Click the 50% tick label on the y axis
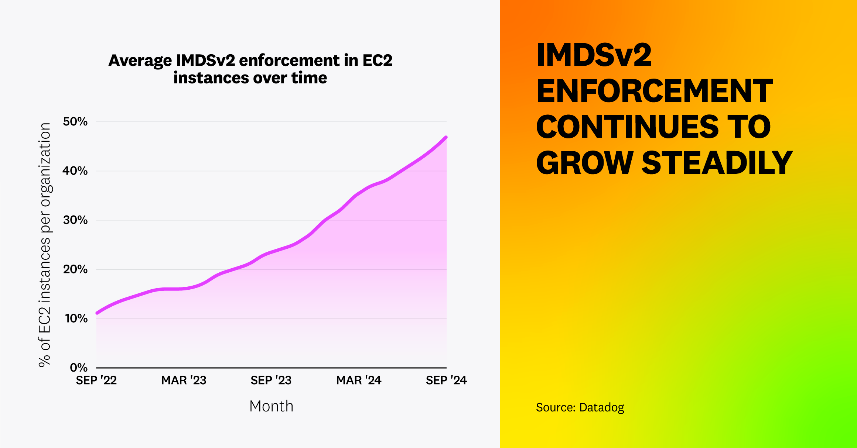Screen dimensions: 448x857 75,121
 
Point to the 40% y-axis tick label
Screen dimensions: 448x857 75,171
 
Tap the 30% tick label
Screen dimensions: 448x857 75,220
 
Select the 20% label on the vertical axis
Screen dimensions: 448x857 75,269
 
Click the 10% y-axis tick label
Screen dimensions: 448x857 76,318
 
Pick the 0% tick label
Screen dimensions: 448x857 79,368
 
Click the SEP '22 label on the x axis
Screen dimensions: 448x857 96,380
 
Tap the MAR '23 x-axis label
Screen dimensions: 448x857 184,380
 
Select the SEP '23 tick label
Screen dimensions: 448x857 271,380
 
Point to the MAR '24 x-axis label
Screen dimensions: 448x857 358,380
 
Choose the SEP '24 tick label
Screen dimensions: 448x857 446,380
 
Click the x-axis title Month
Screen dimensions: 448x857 271,406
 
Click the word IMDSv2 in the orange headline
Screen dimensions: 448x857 594,55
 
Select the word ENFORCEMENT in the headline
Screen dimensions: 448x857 654,91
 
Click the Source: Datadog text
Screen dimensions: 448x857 580,407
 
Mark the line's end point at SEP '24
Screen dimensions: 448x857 446,137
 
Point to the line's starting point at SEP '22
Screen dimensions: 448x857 97,313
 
